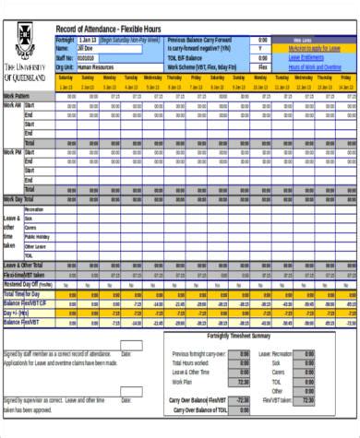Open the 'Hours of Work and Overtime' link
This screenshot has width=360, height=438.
pyautogui.click(x=315, y=67)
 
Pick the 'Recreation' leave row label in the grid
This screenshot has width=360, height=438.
pyautogui.click(x=34, y=218)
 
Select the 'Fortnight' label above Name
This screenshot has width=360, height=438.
pyautogui.click(x=65, y=41)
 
